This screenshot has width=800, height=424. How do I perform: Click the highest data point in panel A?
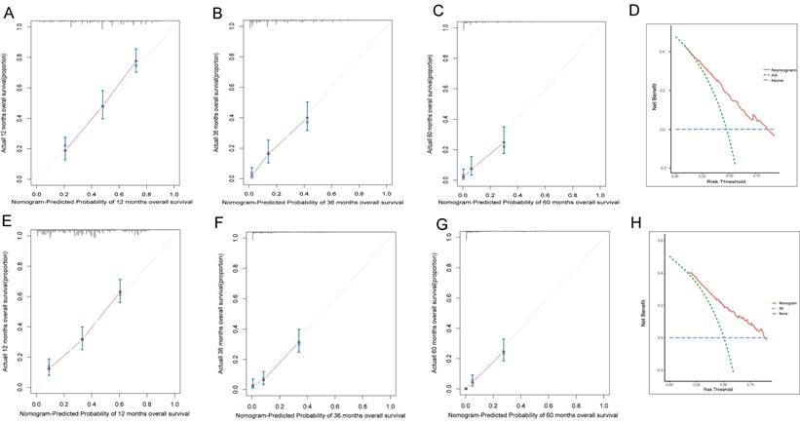136,62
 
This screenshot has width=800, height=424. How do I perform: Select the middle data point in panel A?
102,105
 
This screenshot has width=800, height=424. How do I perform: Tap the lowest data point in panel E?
49,368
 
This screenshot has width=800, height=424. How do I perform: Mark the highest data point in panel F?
298,342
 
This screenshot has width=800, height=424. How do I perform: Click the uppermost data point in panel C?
504,143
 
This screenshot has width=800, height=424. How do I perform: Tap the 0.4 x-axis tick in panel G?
519,402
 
